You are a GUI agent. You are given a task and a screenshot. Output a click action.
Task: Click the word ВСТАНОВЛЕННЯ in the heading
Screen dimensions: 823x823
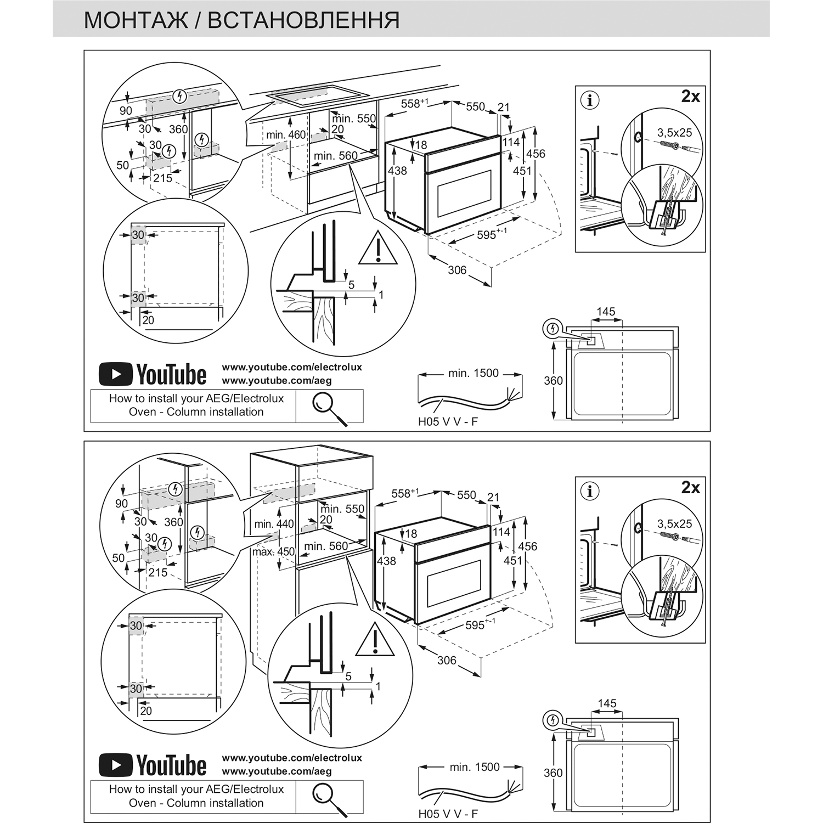[303, 20]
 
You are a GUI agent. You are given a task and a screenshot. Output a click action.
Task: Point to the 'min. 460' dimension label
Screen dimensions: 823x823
[286, 135]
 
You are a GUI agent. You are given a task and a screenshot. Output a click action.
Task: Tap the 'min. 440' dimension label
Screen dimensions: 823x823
[274, 524]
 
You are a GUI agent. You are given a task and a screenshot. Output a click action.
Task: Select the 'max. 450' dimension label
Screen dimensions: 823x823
[273, 551]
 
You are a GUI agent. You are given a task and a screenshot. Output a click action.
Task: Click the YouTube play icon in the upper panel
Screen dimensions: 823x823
[115, 374]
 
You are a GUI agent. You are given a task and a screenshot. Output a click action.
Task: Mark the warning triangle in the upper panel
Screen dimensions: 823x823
[378, 249]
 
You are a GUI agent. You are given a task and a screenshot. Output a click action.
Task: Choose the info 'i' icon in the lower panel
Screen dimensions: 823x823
[590, 491]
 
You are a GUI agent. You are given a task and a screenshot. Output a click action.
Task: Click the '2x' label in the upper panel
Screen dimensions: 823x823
[690, 97]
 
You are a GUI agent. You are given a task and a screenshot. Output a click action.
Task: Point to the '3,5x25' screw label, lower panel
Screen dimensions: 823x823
[675, 524]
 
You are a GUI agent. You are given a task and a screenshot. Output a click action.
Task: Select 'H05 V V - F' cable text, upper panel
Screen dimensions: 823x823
[448, 422]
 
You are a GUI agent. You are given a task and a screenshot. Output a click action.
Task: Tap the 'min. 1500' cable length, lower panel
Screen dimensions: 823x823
[475, 767]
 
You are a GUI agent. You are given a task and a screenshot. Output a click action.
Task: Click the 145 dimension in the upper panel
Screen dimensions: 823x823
[606, 312]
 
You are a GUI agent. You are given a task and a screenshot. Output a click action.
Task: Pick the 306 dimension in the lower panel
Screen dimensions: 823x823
[447, 660]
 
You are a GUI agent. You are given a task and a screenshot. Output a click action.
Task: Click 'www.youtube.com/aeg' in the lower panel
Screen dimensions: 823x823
[277, 771]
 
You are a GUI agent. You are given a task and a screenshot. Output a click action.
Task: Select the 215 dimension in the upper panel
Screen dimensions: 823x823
[162, 178]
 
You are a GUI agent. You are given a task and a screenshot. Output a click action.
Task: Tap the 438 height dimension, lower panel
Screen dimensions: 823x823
[386, 561]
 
